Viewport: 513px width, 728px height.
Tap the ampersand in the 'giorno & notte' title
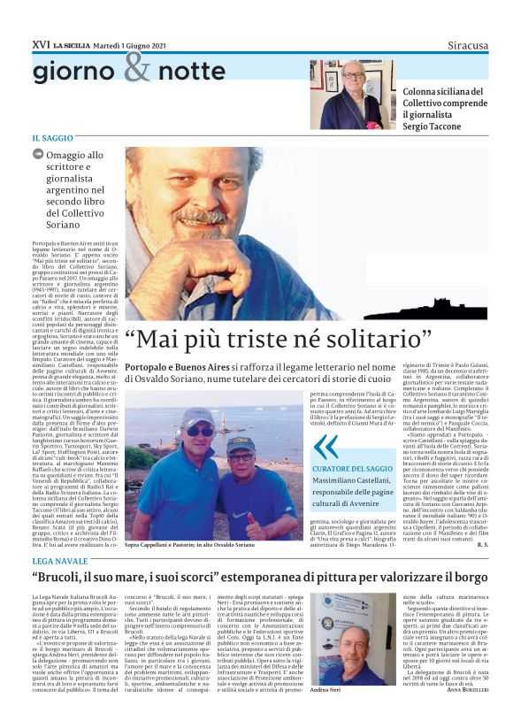[x=137, y=68]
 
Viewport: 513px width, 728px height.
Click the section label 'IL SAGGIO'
[x=52, y=138]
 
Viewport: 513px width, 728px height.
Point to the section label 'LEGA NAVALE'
[x=59, y=562]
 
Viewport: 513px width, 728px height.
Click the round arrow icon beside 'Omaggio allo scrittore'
[x=37, y=154]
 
